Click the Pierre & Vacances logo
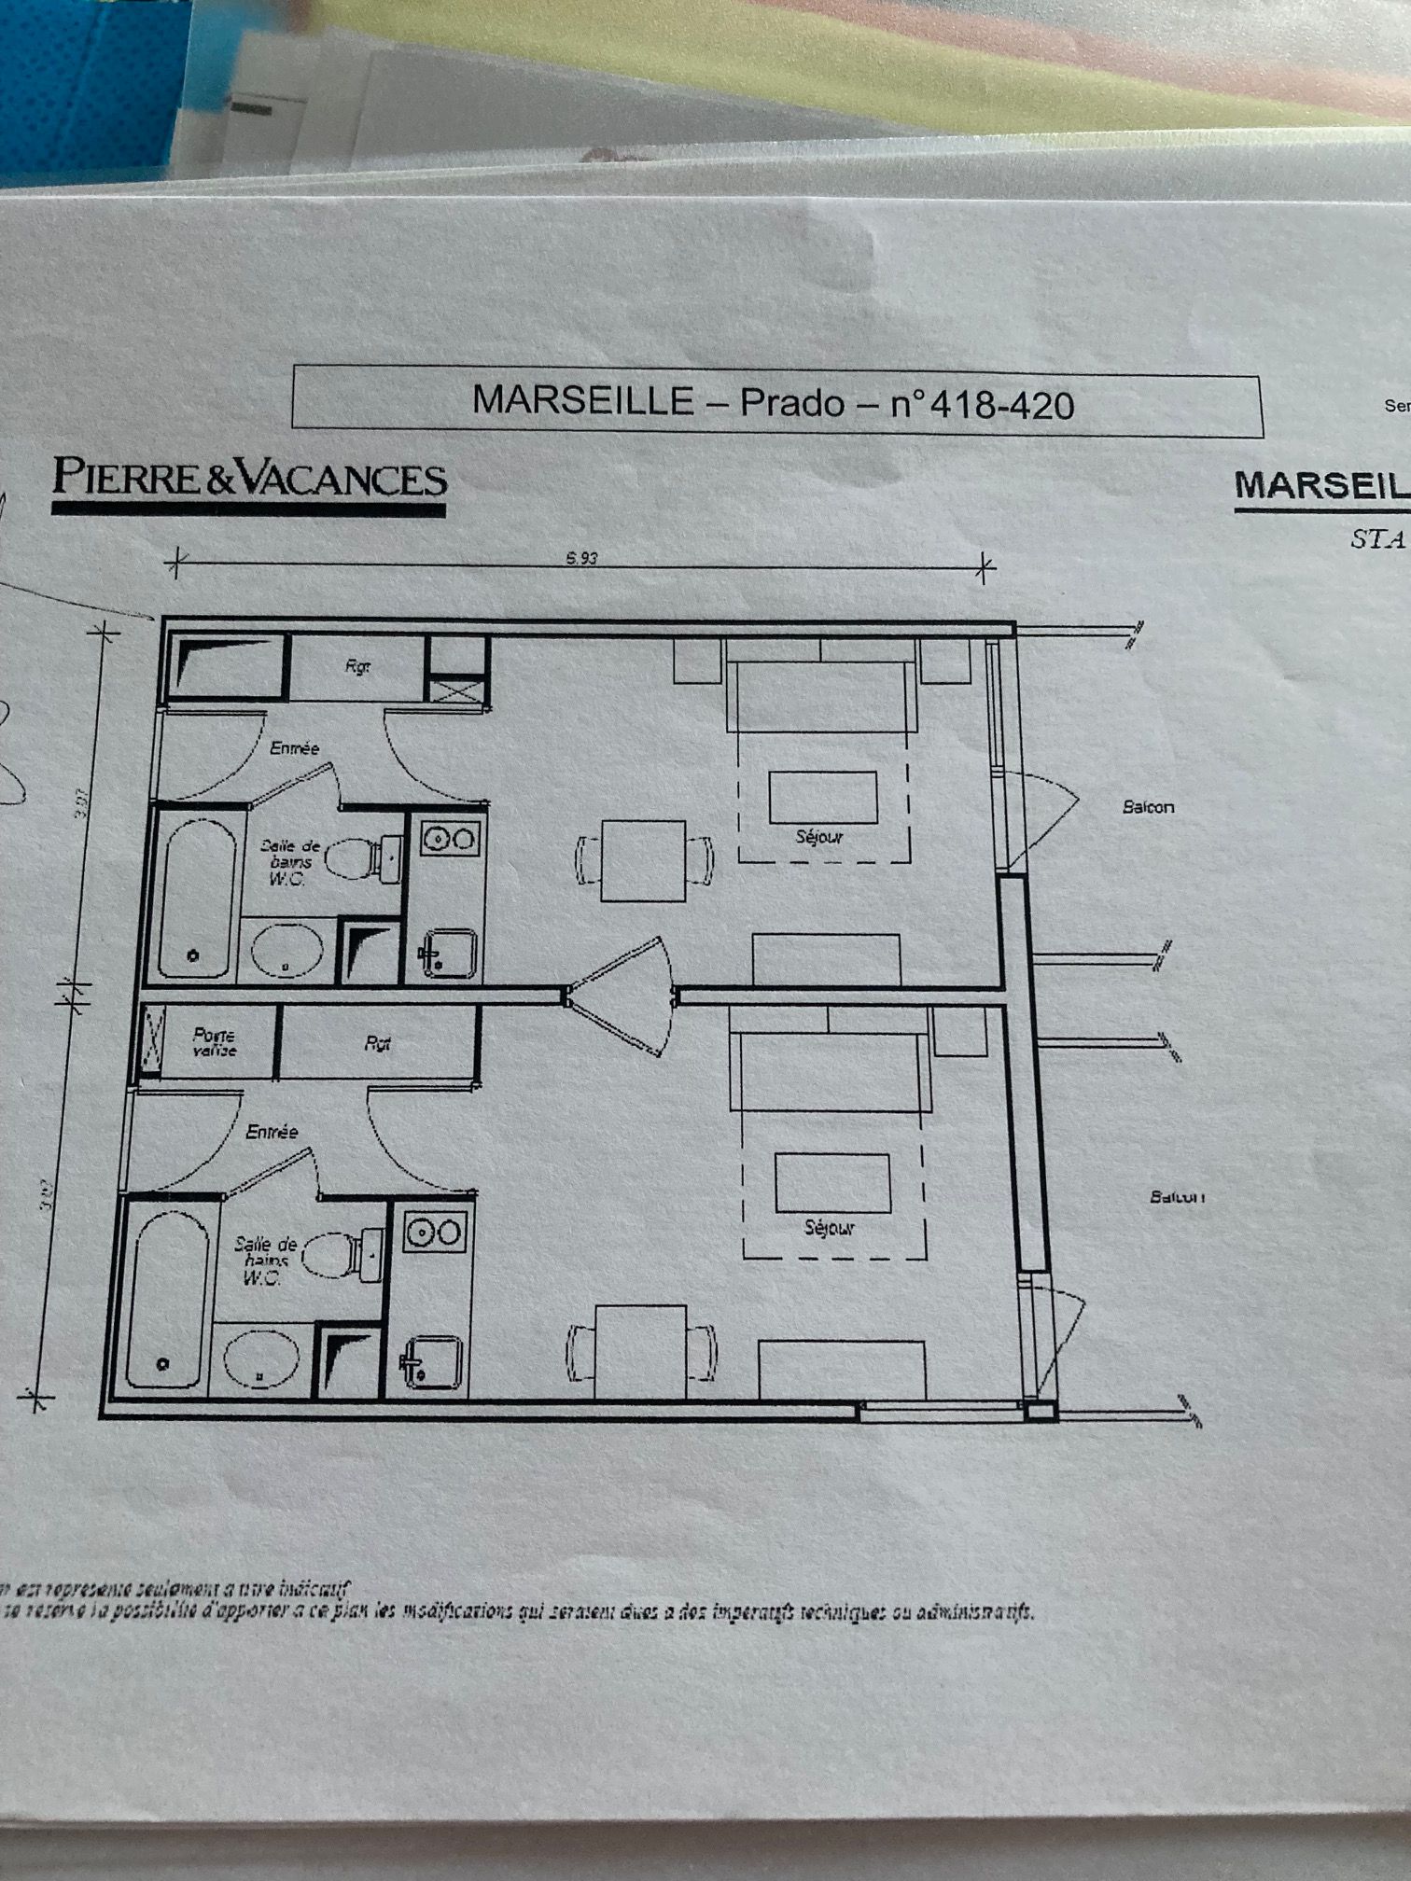point(249,479)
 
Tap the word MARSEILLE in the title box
point(582,400)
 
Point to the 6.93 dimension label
point(581,558)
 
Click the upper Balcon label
point(1148,806)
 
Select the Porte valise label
point(215,1042)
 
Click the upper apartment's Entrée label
point(294,748)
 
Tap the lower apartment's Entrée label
point(272,1132)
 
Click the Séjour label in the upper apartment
point(818,837)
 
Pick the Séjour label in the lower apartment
point(830,1228)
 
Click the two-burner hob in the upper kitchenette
point(450,839)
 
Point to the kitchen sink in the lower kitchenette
point(432,1361)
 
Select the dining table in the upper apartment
point(643,860)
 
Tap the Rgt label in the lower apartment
point(377,1044)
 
